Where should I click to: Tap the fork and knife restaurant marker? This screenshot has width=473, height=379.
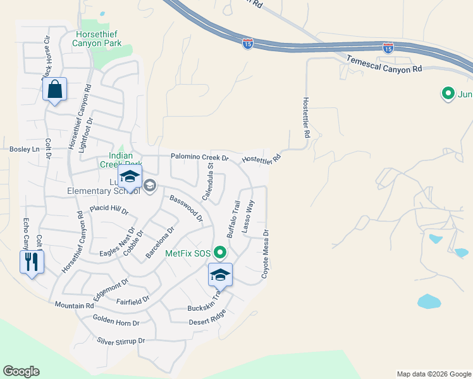coord(32,262)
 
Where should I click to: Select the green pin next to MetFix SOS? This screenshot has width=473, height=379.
coord(220,253)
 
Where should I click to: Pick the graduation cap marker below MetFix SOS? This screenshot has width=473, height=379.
coord(220,275)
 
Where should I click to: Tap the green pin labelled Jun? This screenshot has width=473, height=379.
coord(448,95)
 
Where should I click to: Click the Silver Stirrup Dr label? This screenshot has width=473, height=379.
coord(121,340)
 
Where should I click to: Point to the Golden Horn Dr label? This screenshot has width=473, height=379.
coord(116,322)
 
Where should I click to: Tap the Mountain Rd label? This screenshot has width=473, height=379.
coord(74,305)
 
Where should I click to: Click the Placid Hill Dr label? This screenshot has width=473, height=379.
coord(109,209)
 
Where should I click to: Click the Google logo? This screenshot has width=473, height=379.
coord(21,371)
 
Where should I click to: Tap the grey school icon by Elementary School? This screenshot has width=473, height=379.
coord(150,185)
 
